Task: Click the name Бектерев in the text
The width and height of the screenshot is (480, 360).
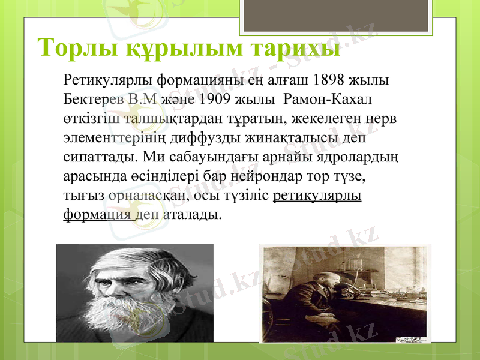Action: click(89, 98)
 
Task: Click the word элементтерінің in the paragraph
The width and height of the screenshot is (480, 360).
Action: click(118, 137)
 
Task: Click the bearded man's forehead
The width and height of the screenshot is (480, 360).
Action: click(126, 262)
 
